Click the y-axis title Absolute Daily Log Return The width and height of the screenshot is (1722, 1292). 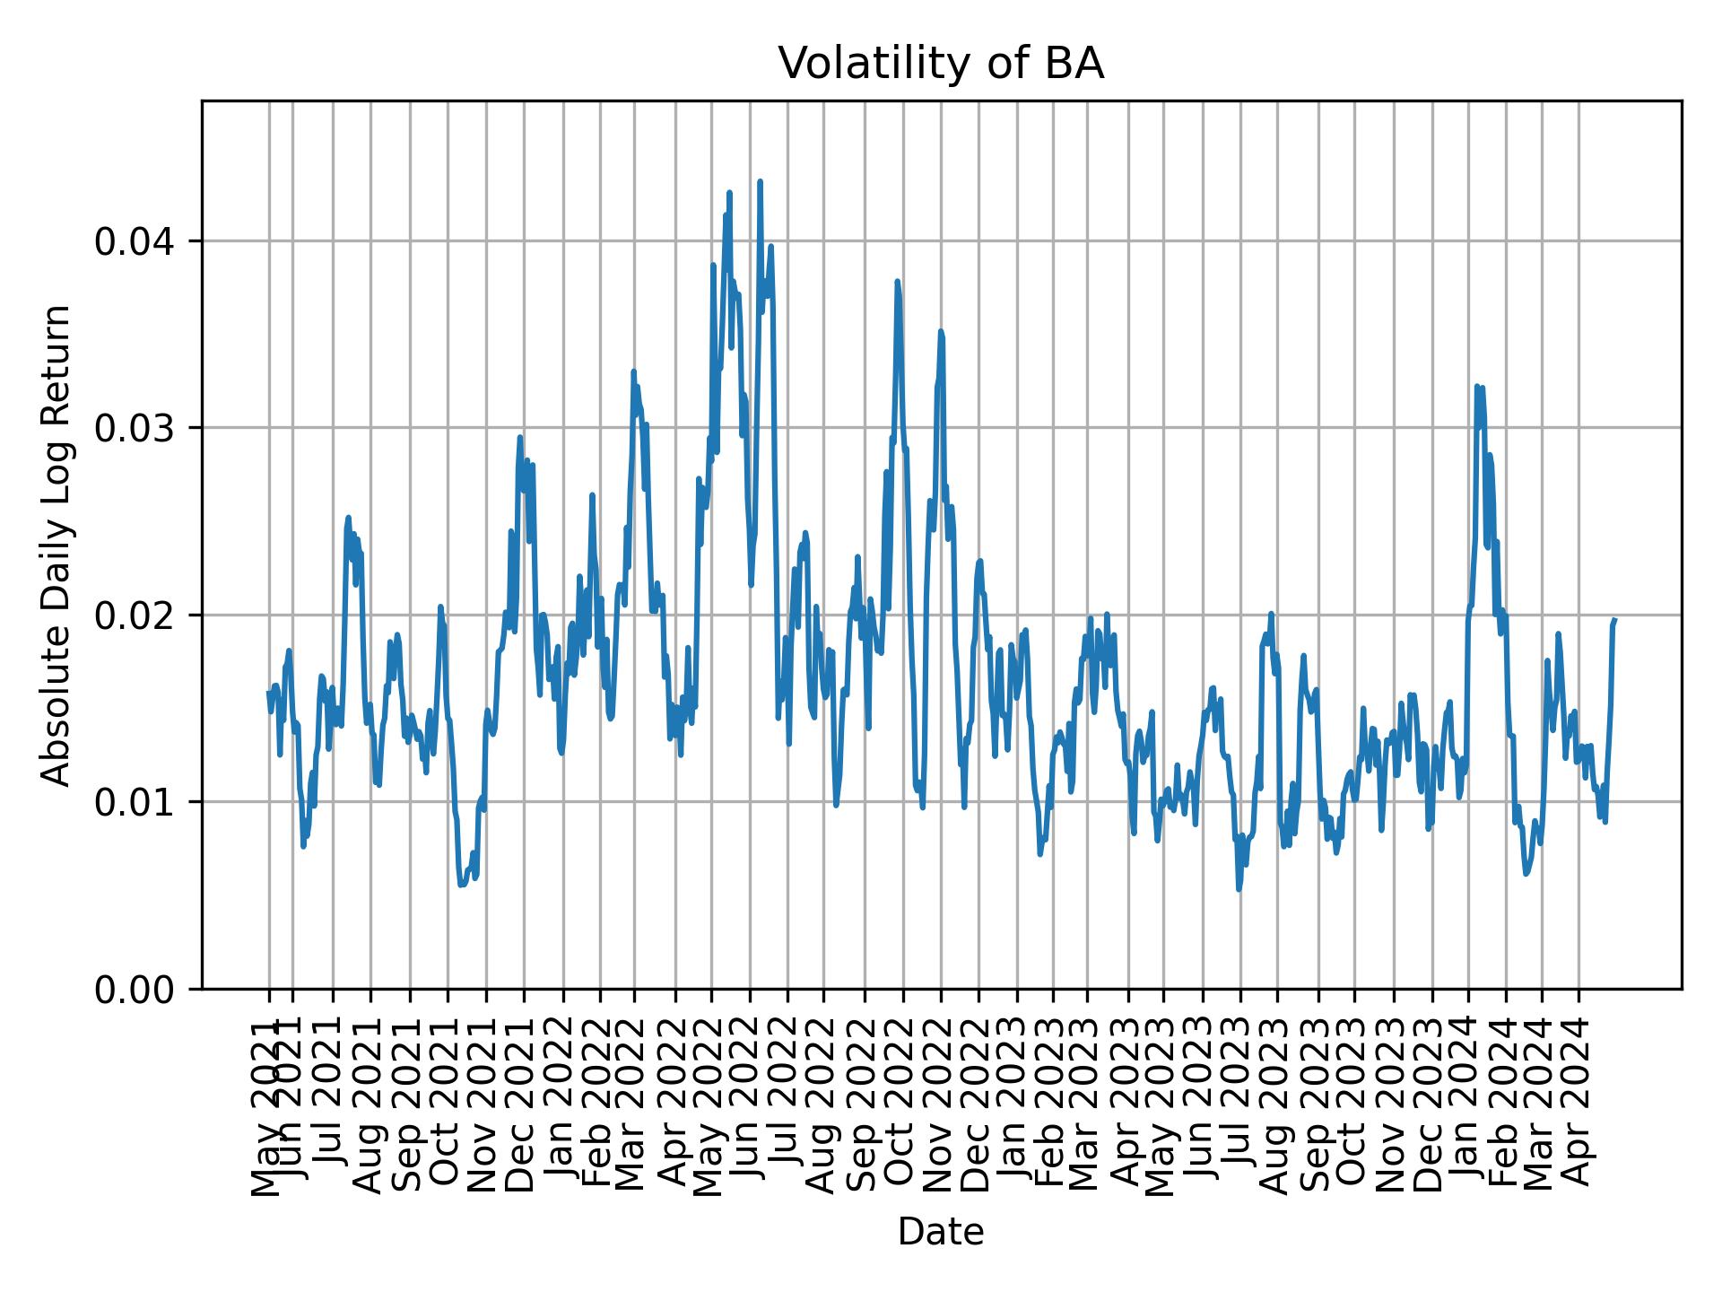[57, 545]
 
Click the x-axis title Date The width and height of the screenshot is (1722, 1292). [941, 1232]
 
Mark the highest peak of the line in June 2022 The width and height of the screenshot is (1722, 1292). [760, 181]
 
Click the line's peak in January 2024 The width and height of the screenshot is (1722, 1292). [1476, 386]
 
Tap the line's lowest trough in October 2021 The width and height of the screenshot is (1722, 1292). [461, 885]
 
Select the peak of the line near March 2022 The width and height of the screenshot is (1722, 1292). [633, 371]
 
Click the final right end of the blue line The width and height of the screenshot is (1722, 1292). [1615, 619]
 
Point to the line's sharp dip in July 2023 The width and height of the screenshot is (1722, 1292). [1239, 889]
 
